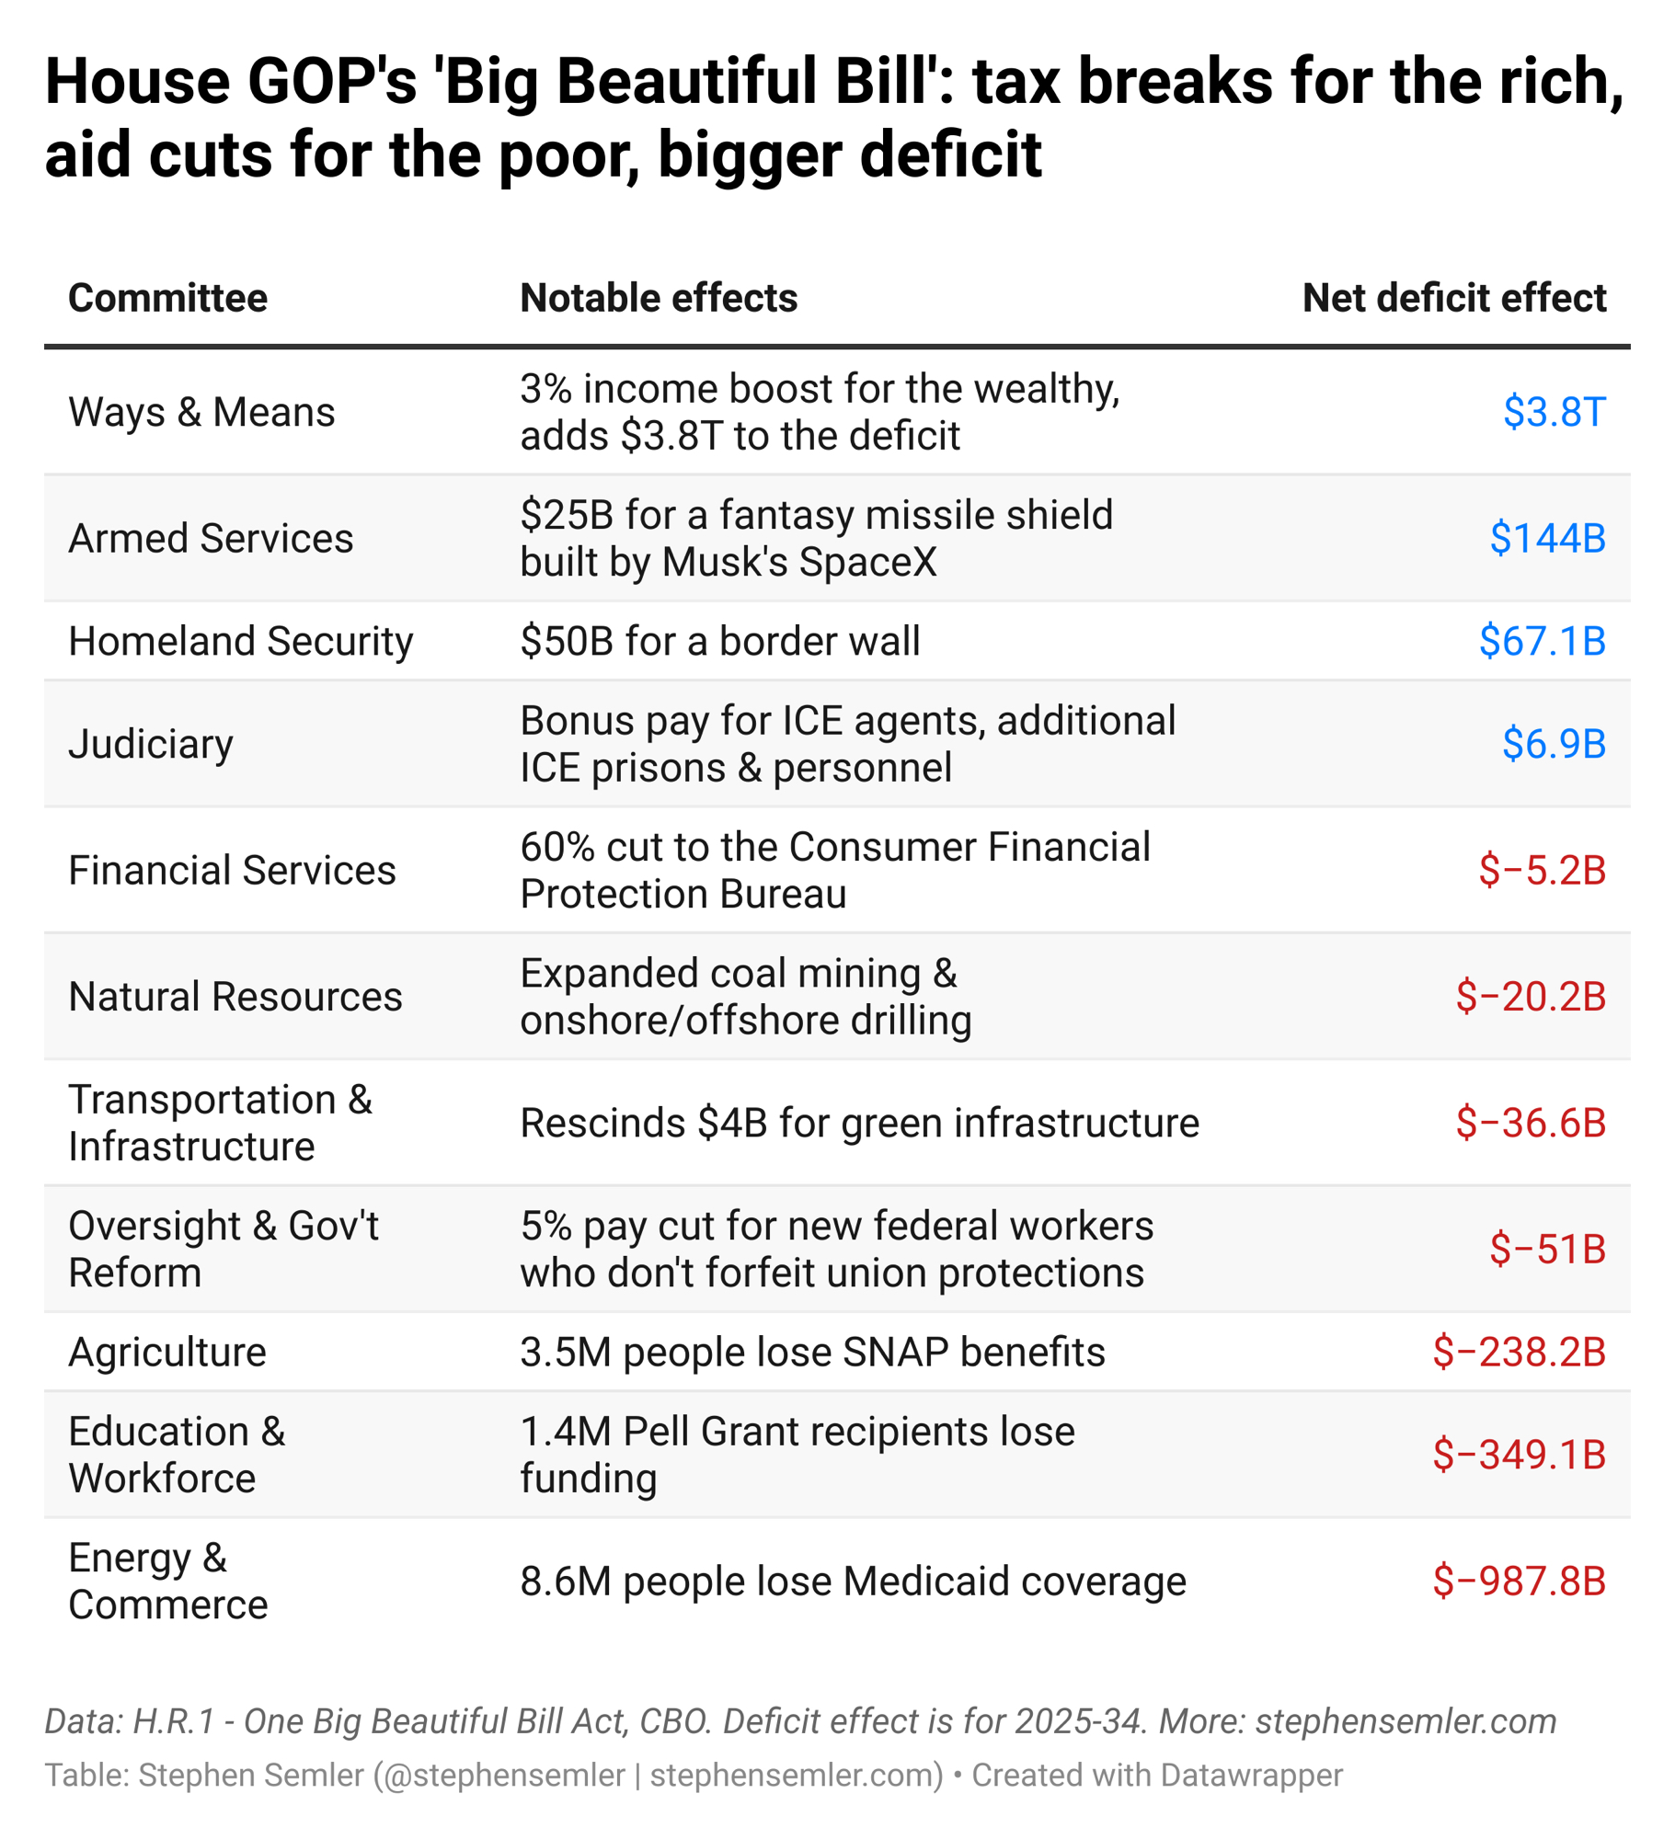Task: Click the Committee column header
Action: tap(167, 298)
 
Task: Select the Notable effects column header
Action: tap(658, 298)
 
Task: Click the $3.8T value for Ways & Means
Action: tap(1553, 412)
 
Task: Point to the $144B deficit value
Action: tap(1546, 538)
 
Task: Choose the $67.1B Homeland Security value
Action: tap(1541, 641)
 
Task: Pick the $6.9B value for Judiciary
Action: tap(1553, 743)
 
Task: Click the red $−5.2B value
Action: tap(1541, 870)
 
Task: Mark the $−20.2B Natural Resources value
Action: tap(1530, 996)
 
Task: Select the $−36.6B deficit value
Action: tap(1530, 1123)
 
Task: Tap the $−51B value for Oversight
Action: tap(1546, 1249)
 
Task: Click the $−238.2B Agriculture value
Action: tap(1518, 1352)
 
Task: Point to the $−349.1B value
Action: tap(1518, 1455)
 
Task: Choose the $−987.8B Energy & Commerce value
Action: tap(1518, 1581)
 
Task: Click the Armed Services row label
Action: tap(211, 538)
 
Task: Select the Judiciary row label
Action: tap(151, 743)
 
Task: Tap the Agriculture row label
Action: tap(167, 1352)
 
